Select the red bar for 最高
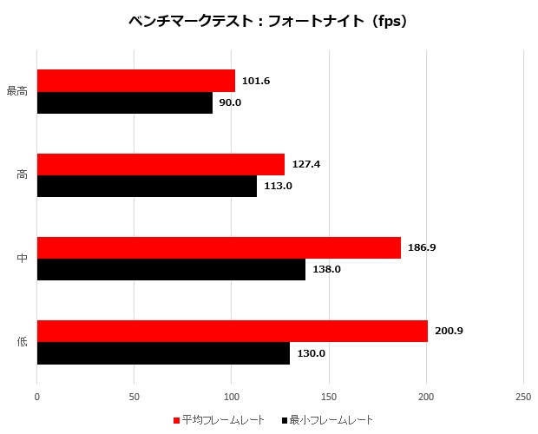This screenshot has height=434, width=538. click(x=136, y=81)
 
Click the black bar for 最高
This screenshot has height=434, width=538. click(x=125, y=102)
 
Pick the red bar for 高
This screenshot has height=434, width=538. click(x=161, y=164)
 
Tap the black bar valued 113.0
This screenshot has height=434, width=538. click(x=147, y=186)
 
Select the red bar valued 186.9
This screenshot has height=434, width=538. click(x=219, y=247)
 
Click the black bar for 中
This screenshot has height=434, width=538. click(x=171, y=269)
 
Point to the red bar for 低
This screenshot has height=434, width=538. click(x=233, y=331)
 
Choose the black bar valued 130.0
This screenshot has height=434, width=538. click(x=163, y=352)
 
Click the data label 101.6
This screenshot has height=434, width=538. click(x=256, y=81)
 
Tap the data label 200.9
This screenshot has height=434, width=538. click(x=449, y=331)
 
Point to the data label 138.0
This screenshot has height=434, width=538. click(x=326, y=269)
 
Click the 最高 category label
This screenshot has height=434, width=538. click(x=17, y=91)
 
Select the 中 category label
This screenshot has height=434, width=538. click(x=22, y=258)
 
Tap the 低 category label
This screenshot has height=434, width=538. click(x=22, y=341)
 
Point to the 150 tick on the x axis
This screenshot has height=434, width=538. click(x=329, y=396)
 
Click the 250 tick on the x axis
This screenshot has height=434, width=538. click(x=523, y=396)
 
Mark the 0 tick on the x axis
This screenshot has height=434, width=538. click(x=37, y=396)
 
